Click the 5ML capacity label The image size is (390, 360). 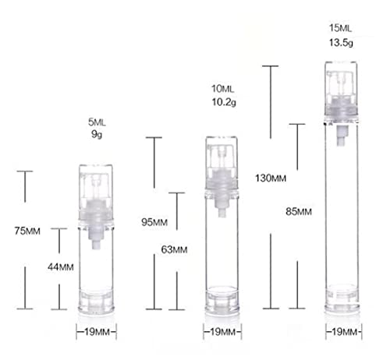97,122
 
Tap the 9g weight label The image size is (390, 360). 97,134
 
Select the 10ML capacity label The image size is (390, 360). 222,89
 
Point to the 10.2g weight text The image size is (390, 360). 224,102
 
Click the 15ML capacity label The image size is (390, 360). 340,28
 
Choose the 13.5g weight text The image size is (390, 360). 341,42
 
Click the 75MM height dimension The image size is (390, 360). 27,231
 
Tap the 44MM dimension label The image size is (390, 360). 61,267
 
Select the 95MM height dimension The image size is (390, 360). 154,222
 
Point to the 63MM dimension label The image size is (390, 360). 174,249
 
